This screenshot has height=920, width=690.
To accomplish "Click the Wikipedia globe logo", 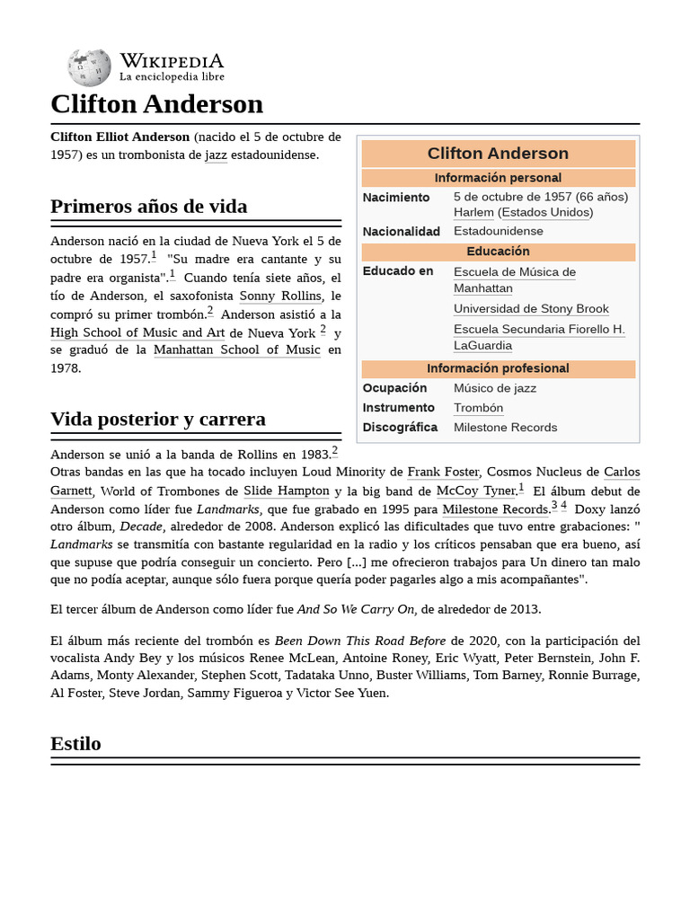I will [89, 67].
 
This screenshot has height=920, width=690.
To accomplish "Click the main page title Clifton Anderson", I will [156, 104].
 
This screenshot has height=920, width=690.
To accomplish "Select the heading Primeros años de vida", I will [148, 207].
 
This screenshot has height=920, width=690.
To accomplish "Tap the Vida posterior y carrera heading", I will [157, 420].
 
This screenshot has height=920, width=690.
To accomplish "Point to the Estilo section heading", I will [75, 744].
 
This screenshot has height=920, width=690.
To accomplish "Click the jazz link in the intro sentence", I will [216, 155].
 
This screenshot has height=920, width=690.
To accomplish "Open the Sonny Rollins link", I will [280, 296].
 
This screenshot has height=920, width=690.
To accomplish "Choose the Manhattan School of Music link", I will [236, 349].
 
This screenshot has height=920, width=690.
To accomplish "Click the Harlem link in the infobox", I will [473, 212].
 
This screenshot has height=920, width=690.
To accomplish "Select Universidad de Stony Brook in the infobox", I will [531, 309].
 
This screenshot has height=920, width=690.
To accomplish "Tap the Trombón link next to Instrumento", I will [478, 408].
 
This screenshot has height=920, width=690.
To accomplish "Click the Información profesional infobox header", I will [498, 368].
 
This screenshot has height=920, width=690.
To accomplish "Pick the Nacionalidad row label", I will [401, 231].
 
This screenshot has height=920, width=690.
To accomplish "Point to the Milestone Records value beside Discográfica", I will [505, 428].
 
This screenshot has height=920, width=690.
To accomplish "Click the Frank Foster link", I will [444, 472].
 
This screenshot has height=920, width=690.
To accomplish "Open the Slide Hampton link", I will [286, 491].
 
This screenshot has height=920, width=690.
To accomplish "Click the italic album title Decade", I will [140, 527].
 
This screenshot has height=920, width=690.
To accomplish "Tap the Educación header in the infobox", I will [498, 252].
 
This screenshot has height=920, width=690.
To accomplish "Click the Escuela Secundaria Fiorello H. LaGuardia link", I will [538, 337].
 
